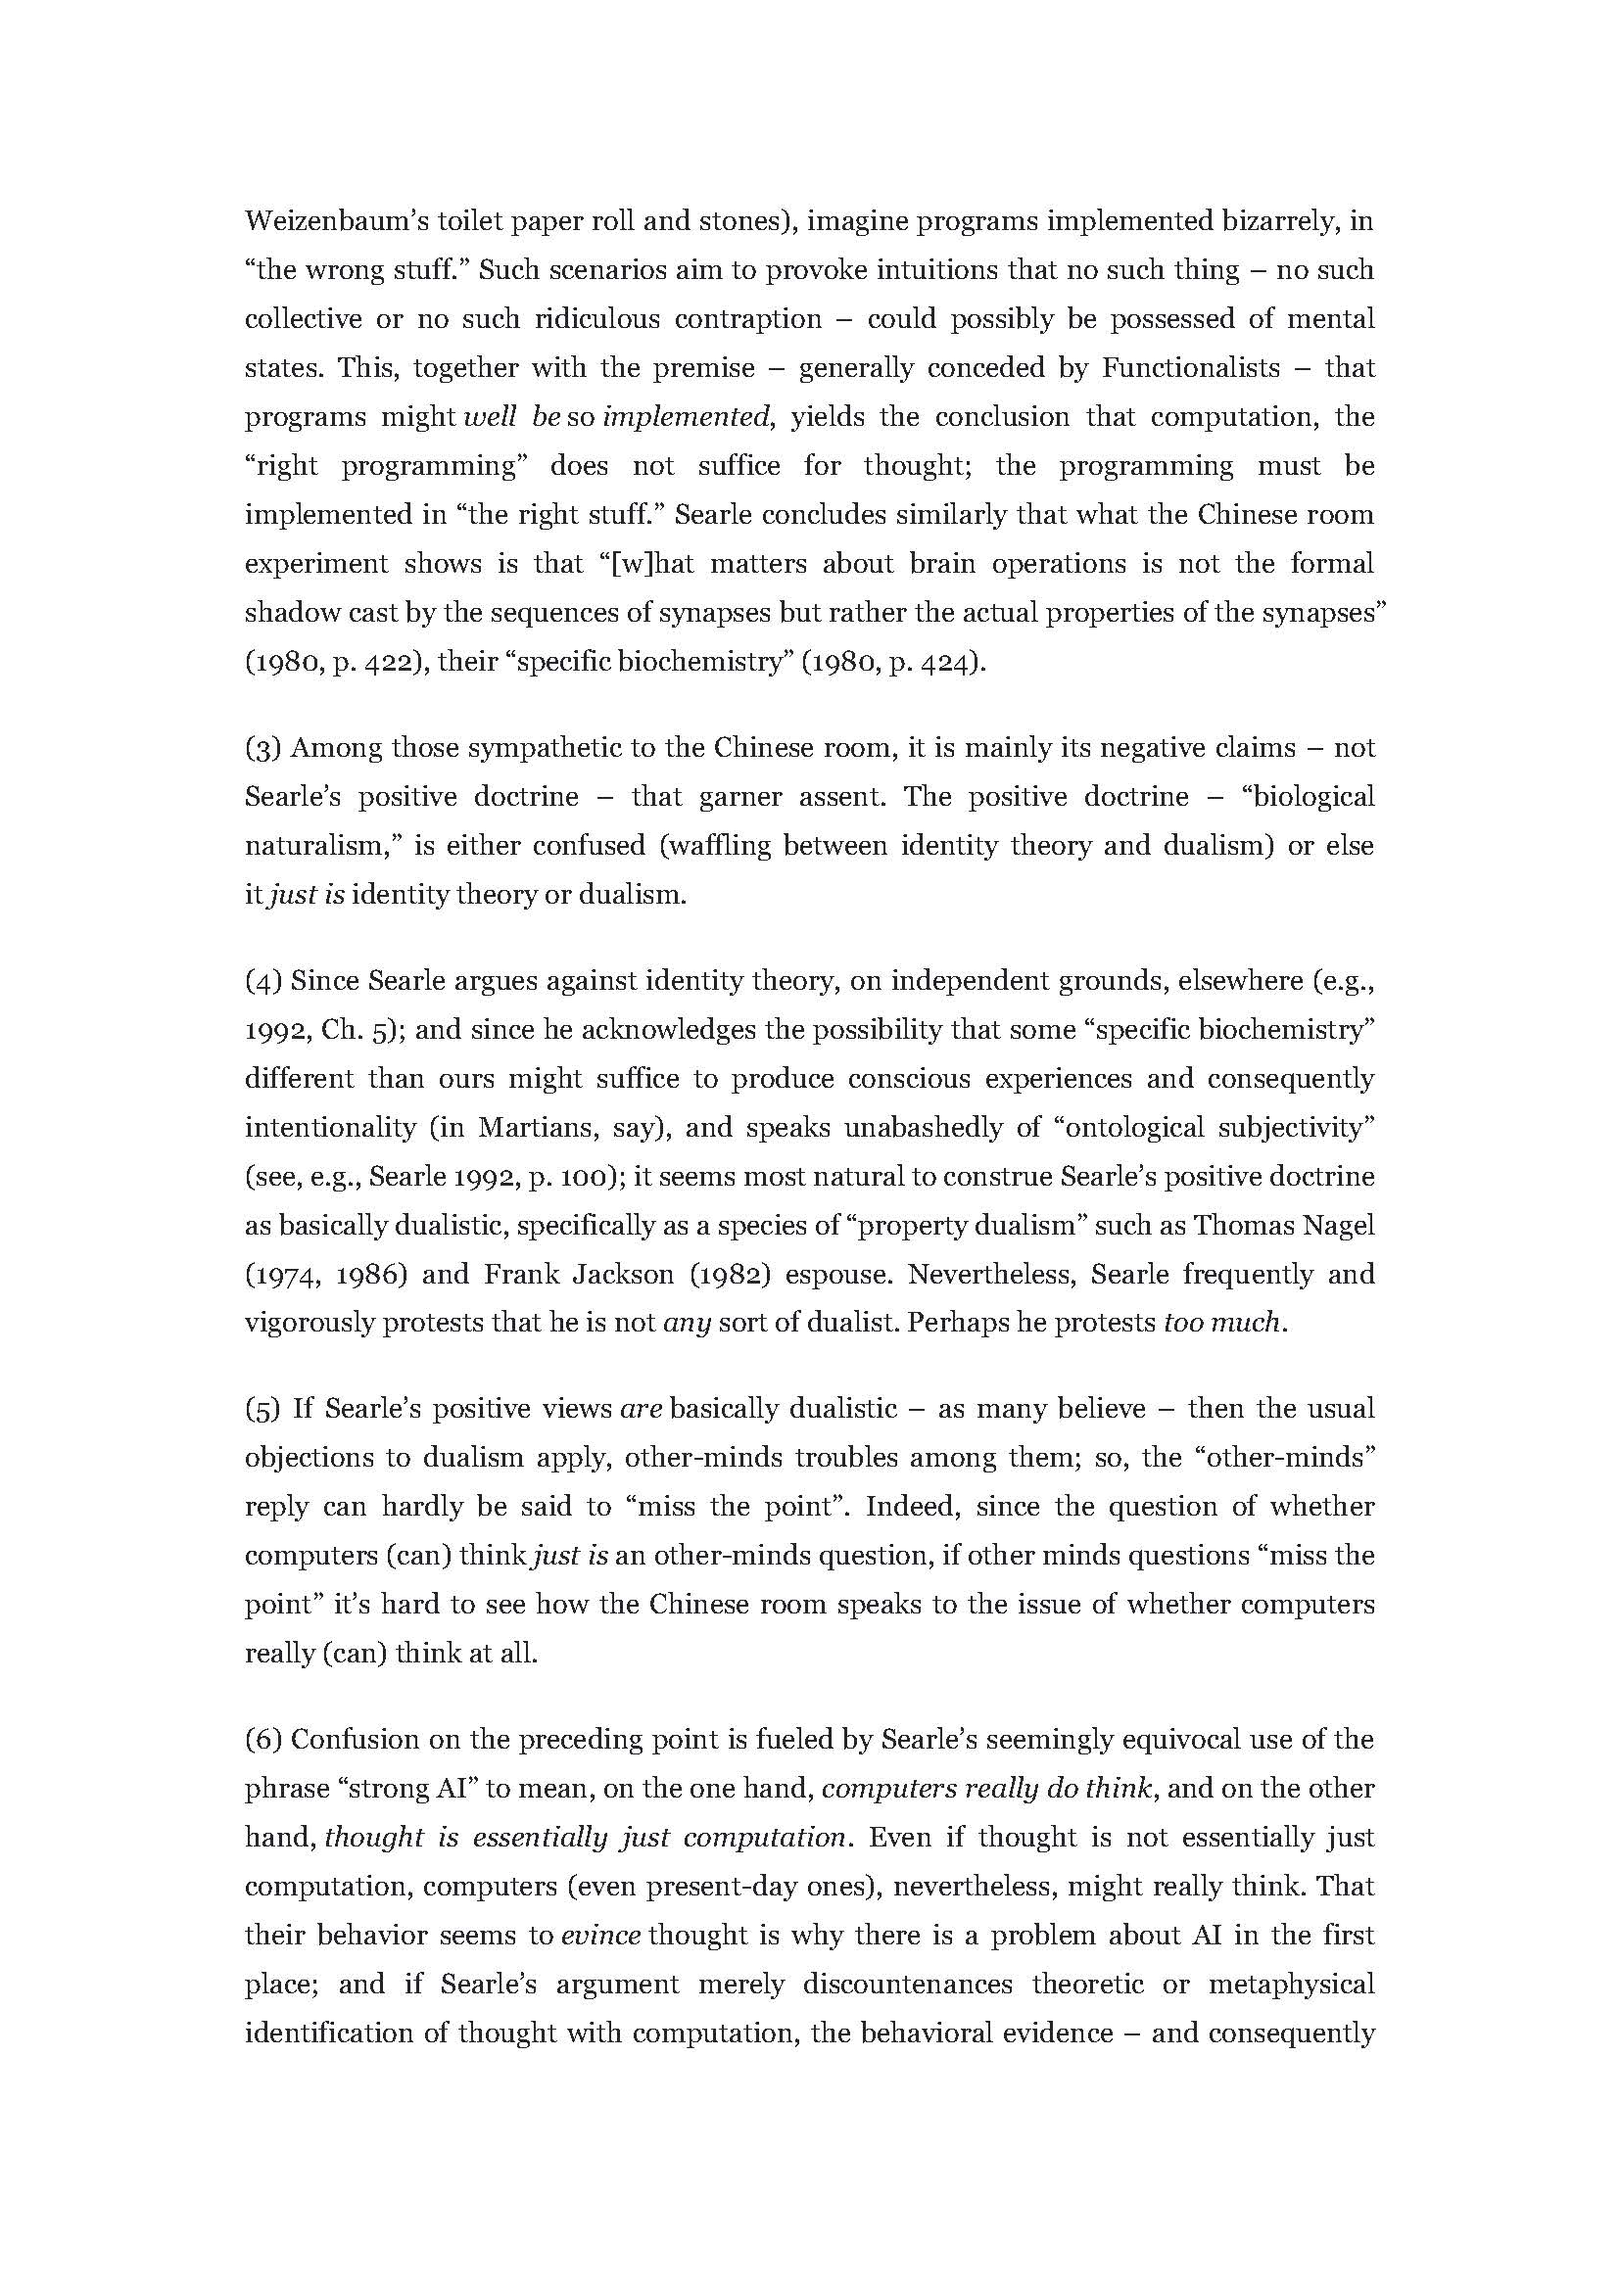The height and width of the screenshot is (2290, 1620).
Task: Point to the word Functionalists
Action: pyautogui.click(x=1190, y=368)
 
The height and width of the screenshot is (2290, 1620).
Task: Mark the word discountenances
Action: pyautogui.click(x=908, y=1985)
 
